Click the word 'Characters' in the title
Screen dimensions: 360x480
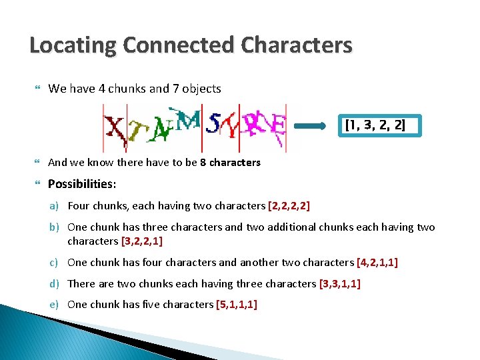[x=296, y=45]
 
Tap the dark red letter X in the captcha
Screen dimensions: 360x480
[x=116, y=129]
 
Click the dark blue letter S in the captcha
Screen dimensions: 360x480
[x=215, y=123]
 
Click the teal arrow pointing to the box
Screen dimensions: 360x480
[x=317, y=125]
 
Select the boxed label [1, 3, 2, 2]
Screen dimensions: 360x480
[x=375, y=125]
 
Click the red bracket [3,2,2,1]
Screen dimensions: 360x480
[x=143, y=241]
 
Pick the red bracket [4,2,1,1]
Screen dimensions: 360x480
[x=377, y=263]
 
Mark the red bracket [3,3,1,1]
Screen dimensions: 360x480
[x=340, y=283]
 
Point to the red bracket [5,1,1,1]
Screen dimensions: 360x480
[x=237, y=305]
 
